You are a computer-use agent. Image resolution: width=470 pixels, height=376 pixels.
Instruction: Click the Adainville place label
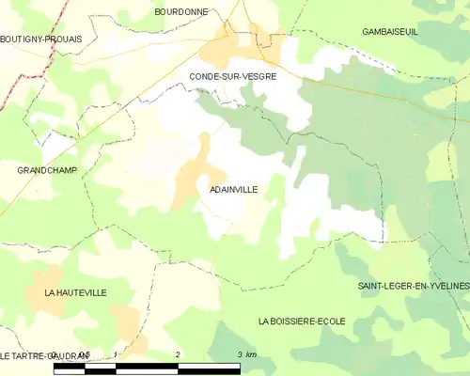(233, 189)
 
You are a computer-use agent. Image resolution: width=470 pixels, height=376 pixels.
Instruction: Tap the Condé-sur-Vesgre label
(232, 76)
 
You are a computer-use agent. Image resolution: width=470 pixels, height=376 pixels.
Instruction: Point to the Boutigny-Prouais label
(41, 39)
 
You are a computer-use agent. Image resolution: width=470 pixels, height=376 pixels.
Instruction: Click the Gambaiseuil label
(389, 32)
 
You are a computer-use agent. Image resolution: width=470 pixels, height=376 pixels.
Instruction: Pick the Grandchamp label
(47, 170)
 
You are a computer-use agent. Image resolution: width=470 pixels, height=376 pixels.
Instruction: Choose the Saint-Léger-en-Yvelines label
(413, 284)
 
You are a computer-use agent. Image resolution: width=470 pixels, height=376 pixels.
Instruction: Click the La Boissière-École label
(302, 321)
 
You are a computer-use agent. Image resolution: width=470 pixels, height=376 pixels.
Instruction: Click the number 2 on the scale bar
(178, 354)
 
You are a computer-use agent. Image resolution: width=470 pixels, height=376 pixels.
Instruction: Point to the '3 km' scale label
(246, 354)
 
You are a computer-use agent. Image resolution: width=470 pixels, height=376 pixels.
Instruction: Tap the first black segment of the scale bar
(70, 368)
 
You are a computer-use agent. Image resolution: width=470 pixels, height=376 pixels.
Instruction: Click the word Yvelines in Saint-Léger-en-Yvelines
(445, 284)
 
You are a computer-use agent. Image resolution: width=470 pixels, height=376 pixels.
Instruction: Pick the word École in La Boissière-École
(330, 321)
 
